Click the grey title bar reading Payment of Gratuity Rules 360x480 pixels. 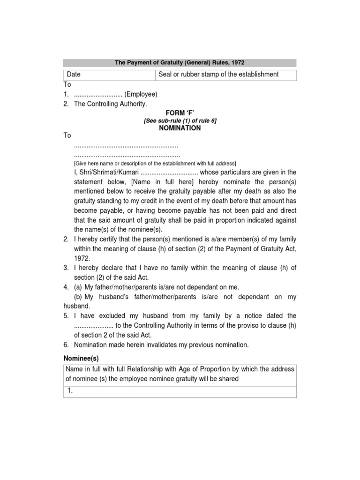click(180, 62)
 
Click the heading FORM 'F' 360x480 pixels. click(180, 112)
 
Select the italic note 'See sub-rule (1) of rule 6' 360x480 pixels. click(180, 120)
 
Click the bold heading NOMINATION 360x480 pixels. click(180, 128)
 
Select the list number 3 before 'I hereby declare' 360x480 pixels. click(66, 268)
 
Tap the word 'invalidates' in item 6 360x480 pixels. click(158, 345)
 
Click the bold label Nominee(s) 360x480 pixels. click(82, 359)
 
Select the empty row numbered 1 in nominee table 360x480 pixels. click(180, 392)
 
